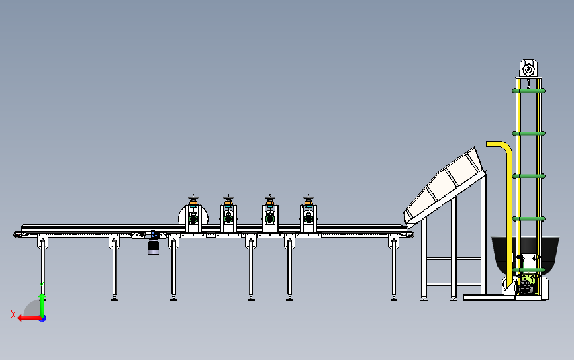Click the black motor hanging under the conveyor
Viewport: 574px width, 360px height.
point(153,246)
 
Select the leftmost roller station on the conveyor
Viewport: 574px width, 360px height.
point(193,217)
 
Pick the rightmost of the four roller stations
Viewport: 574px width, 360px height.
point(308,217)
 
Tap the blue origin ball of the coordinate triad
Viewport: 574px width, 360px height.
point(42,318)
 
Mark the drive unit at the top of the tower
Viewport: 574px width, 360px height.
point(528,69)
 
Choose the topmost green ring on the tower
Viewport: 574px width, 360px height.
point(528,90)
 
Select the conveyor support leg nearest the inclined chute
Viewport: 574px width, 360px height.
point(394,268)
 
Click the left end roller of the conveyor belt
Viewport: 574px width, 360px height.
point(18,234)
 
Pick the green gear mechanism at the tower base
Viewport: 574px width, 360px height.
point(526,285)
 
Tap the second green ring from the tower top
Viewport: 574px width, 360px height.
point(528,133)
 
